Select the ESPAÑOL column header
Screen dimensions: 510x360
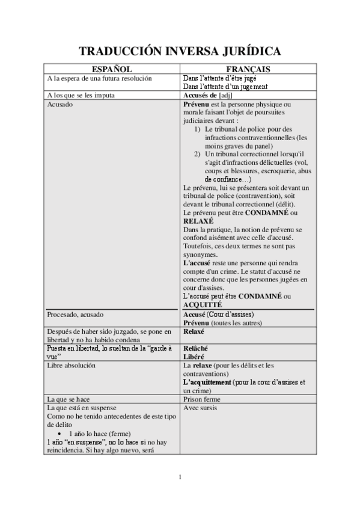pos(112,70)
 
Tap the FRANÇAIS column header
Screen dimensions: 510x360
pos(248,70)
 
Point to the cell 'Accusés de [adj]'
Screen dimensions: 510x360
pos(207,95)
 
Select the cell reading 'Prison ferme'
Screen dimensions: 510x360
pos(201,399)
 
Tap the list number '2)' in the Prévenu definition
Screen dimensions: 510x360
pos(197,154)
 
